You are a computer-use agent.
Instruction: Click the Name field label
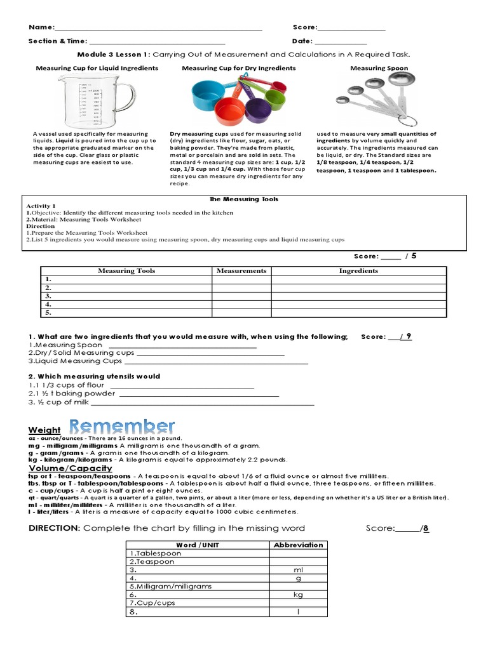tap(41, 27)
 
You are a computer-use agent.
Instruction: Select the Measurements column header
tap(241, 270)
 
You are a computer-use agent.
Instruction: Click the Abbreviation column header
tap(298, 545)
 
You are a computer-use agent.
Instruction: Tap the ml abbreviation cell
tap(298, 570)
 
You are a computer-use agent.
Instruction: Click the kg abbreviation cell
tap(298, 595)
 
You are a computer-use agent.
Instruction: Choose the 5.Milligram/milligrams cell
tap(170, 587)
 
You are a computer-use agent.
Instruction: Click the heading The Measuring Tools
tap(244, 199)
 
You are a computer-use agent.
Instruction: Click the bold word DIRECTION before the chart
tap(54, 528)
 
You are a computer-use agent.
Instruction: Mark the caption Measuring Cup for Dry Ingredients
tap(238, 68)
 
